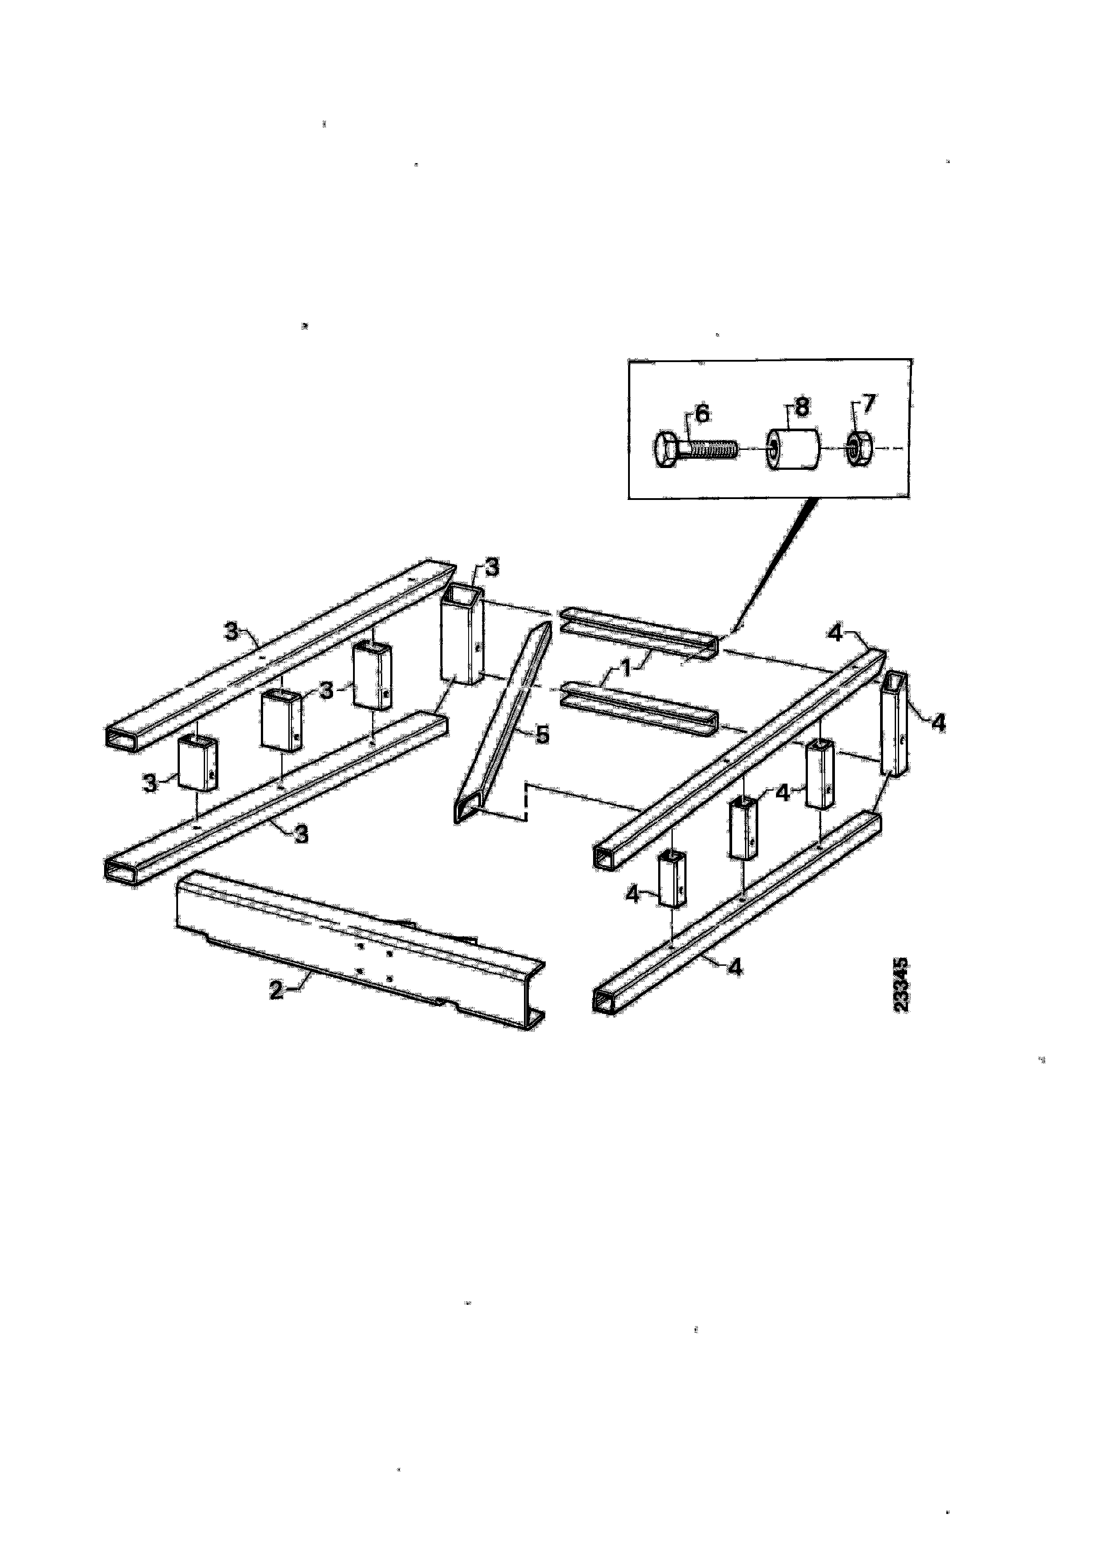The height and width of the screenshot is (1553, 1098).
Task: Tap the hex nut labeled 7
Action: click(859, 449)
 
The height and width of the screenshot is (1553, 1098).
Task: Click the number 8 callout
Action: click(802, 407)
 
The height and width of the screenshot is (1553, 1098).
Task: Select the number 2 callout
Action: click(276, 990)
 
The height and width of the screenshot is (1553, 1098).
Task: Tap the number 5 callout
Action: click(542, 734)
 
